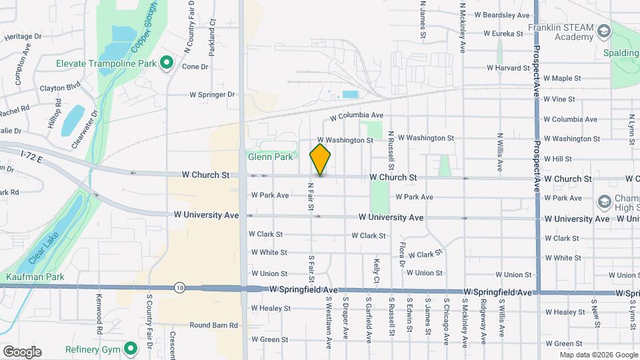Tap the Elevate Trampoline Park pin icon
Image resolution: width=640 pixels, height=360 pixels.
[x=167, y=63]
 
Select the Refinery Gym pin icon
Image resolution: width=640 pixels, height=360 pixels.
[x=131, y=348]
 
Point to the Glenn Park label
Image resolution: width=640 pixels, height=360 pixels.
[x=270, y=157]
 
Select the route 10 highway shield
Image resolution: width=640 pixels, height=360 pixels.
[x=179, y=287]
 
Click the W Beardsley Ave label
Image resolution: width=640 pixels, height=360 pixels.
[x=501, y=15]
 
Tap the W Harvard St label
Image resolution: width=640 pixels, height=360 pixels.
[x=508, y=67]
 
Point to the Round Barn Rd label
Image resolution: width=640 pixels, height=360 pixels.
[x=213, y=325]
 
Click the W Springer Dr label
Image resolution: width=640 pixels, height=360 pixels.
[x=212, y=95]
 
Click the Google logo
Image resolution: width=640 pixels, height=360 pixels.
[x=21, y=351]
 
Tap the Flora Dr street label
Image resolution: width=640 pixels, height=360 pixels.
[x=401, y=254]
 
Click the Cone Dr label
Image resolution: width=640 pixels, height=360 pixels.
[x=195, y=67]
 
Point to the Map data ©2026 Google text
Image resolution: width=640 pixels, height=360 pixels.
[x=598, y=355]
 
